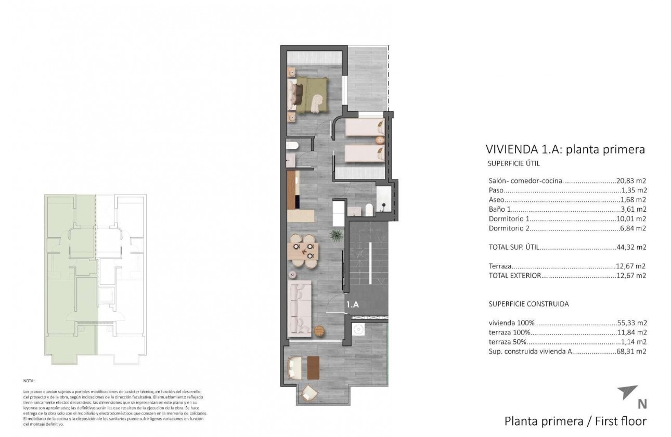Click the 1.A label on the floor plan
click(x=353, y=305)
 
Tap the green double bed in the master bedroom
click(x=311, y=94)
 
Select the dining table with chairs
click(x=303, y=251)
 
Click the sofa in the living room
click(x=300, y=307)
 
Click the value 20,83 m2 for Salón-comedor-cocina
click(x=631, y=181)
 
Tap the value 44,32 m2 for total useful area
click(x=631, y=247)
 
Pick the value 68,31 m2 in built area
click(x=631, y=352)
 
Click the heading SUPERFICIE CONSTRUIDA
click(x=528, y=304)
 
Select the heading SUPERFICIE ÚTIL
click(x=514, y=163)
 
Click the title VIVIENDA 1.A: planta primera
click(x=565, y=149)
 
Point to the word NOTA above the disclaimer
click(x=30, y=381)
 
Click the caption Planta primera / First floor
click(x=575, y=421)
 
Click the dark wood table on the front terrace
click(x=313, y=367)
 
